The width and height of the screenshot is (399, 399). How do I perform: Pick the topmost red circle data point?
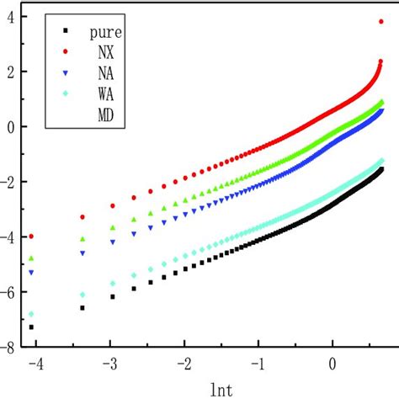coord(383,22)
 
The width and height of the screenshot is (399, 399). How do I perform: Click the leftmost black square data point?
coord(32,327)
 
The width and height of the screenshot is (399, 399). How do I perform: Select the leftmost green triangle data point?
coord(32,258)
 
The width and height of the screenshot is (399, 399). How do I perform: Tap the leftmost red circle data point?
coord(32,237)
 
